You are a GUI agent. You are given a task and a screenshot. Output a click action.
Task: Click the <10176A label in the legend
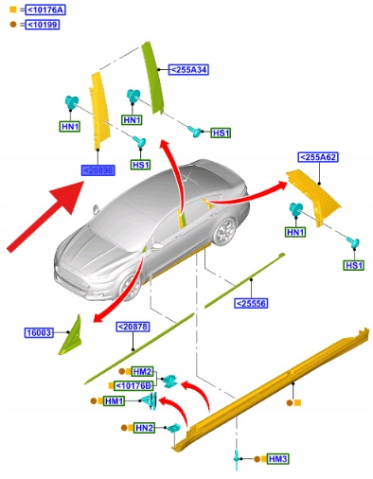tap(46, 10)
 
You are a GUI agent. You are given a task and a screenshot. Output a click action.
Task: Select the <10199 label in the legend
tap(43, 25)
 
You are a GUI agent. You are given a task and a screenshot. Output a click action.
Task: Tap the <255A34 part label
tap(188, 69)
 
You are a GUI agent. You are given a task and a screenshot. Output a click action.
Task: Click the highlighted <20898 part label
tap(98, 170)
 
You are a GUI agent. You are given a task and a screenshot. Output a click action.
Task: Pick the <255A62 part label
tap(318, 157)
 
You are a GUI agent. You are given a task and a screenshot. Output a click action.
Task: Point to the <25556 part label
tap(251, 303)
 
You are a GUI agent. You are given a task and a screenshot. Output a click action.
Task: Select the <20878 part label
tap(133, 327)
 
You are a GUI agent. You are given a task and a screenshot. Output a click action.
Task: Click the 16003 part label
tap(39, 332)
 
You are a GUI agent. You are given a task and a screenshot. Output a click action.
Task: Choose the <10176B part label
tap(133, 385)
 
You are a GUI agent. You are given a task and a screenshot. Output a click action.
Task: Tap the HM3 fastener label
tap(277, 459)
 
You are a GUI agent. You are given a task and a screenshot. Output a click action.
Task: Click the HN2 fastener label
tap(144, 428)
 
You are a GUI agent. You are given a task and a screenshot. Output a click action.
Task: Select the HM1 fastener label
tap(114, 401)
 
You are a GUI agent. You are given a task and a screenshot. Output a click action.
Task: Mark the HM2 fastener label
tap(142, 371)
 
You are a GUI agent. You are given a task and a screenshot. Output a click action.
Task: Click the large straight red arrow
tap(45, 217)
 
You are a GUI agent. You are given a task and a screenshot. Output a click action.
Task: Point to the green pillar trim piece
tap(152, 78)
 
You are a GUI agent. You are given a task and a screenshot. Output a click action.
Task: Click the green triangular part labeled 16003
tap(72, 336)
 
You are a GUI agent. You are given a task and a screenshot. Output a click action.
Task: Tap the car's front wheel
tap(131, 287)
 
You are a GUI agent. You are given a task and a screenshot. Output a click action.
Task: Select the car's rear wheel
tap(224, 231)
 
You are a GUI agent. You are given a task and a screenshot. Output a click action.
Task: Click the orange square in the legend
tap(13, 9)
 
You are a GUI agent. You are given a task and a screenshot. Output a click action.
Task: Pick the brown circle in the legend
tap(13, 25)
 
